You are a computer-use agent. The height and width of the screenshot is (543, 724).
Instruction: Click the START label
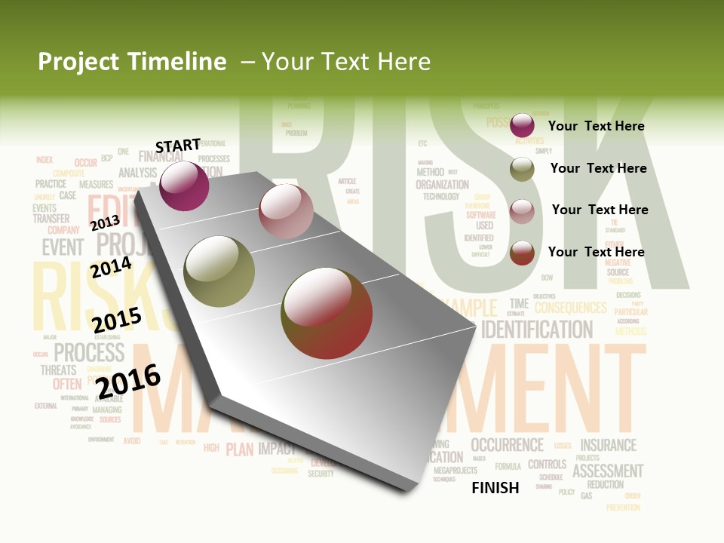pyautogui.click(x=178, y=146)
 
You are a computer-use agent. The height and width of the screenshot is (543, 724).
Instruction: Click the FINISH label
pyautogui.click(x=495, y=488)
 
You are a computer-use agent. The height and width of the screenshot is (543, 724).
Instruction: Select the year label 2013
pyautogui.click(x=105, y=222)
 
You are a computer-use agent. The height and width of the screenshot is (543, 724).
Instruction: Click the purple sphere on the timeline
pyautogui.click(x=184, y=186)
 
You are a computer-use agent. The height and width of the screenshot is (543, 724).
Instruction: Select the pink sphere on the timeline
pyautogui.click(x=286, y=210)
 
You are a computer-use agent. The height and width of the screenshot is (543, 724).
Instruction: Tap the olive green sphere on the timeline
pyautogui.click(x=219, y=271)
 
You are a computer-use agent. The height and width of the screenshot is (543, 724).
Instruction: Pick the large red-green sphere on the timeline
pyautogui.click(x=327, y=313)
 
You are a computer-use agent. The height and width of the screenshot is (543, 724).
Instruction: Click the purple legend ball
pyautogui.click(x=522, y=125)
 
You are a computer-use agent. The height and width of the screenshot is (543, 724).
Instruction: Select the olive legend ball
pyautogui.click(x=522, y=169)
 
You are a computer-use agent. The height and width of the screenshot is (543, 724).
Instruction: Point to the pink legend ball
pyautogui.click(x=522, y=211)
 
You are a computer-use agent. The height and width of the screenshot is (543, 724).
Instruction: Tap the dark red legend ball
pyautogui.click(x=522, y=253)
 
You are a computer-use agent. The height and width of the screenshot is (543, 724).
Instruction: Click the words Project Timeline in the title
pyautogui.click(x=132, y=62)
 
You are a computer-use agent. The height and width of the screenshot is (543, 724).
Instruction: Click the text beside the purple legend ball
pyautogui.click(x=596, y=126)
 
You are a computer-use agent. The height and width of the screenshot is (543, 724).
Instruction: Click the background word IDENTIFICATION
pyautogui.click(x=537, y=330)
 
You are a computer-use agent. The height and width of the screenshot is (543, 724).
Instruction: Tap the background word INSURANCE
pyautogui.click(x=608, y=445)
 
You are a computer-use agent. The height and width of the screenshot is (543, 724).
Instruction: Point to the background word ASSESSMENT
pyautogui.click(x=608, y=471)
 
